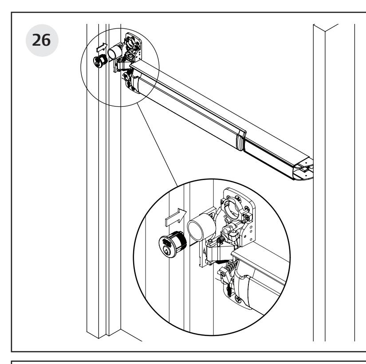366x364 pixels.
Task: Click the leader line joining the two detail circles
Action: tap(160, 146)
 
